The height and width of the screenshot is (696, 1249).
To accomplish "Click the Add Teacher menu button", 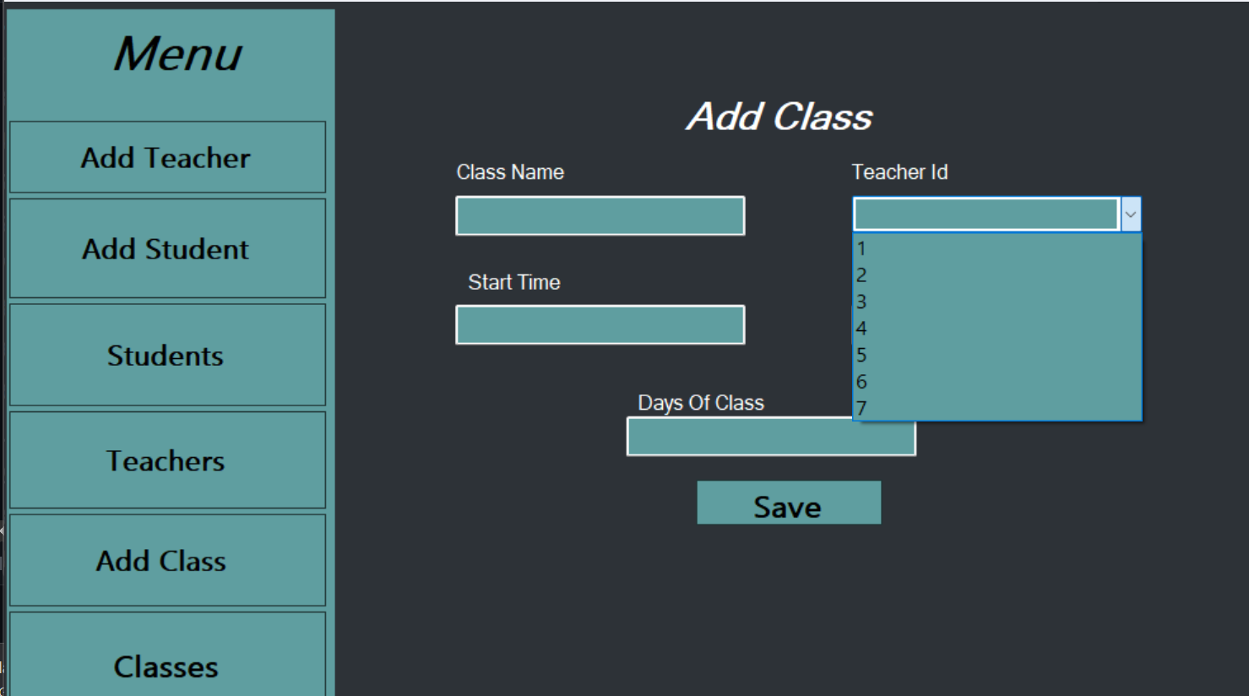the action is (x=166, y=158).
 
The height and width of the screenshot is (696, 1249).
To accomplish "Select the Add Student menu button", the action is (x=166, y=249).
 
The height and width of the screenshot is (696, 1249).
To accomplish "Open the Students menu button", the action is (x=166, y=356).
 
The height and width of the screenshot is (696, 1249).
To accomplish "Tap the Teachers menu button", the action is (x=166, y=461).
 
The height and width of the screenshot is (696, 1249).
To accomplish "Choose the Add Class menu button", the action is (x=166, y=561).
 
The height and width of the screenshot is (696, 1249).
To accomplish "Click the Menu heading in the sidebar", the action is (x=178, y=55).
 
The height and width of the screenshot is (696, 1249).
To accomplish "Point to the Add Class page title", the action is (x=779, y=117).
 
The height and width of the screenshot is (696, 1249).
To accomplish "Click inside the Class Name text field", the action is (x=600, y=216).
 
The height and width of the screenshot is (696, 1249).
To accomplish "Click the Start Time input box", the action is (x=600, y=325).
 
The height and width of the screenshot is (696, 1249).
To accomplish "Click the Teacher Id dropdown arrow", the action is (x=1130, y=215).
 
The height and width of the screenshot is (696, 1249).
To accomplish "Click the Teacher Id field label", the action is (x=899, y=172).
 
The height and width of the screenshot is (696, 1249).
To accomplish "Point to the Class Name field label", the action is (x=510, y=172).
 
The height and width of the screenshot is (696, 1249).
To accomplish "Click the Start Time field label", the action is (x=514, y=282).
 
